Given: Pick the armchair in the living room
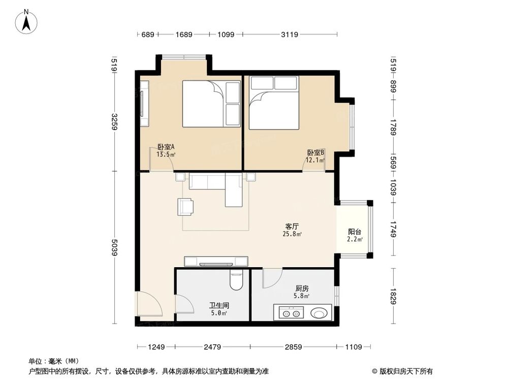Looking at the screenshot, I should [x=186, y=206].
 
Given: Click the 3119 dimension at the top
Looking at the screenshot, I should [x=290, y=35].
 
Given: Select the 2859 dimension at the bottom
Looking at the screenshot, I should [x=294, y=347].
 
